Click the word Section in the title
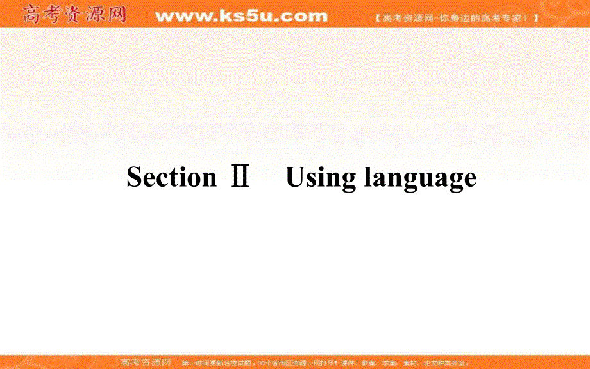(x=171, y=177)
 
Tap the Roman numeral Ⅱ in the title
(x=240, y=177)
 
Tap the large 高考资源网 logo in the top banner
(x=74, y=14)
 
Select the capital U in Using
(x=296, y=177)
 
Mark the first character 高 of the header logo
(x=33, y=14)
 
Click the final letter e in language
(x=469, y=179)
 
